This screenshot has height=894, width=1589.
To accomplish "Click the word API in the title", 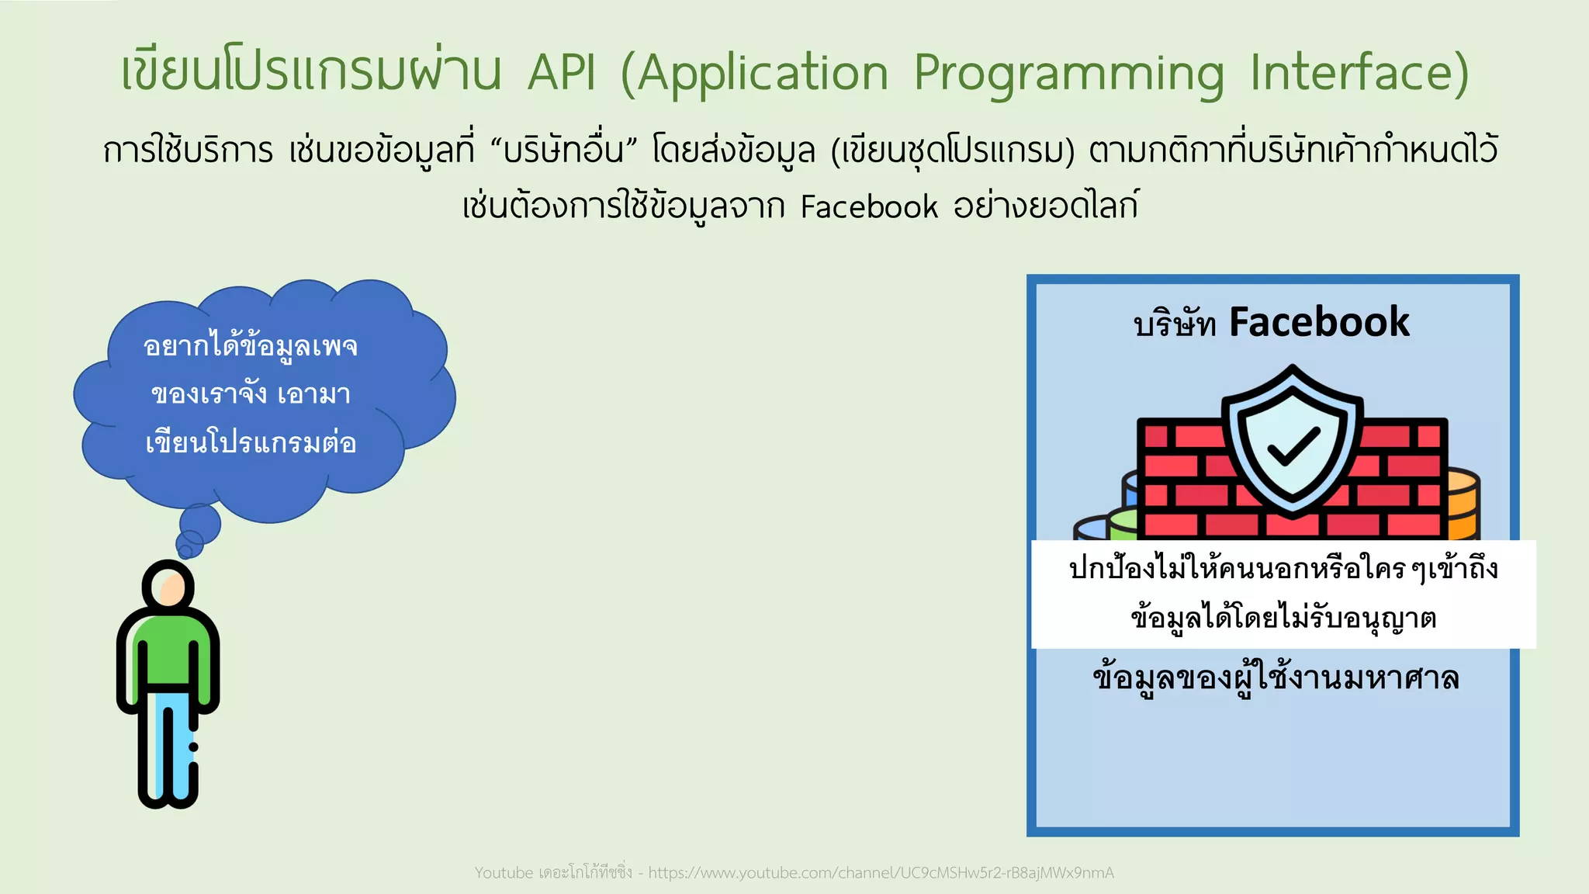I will tap(562, 72).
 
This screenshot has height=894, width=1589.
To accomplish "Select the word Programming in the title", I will tap(1068, 74).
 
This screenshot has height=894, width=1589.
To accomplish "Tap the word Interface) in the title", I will tap(1359, 72).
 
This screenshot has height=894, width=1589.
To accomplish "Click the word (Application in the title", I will tap(754, 74).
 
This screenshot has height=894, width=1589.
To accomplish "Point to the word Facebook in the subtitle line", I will tap(869, 207).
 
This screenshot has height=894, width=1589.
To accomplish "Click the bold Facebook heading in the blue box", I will tap(1319, 322).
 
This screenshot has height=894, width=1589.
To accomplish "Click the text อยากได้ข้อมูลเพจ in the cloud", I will tap(250, 346).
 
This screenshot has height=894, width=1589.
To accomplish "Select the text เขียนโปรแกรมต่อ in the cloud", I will tap(251, 443).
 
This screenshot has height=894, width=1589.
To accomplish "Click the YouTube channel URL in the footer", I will tap(881, 873).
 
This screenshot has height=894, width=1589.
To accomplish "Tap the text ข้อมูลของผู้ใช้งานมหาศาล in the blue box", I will tap(1276, 677).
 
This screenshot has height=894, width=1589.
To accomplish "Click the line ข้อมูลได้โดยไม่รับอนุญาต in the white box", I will tap(1283, 619).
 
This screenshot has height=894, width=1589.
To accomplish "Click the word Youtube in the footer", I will tap(504, 873).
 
